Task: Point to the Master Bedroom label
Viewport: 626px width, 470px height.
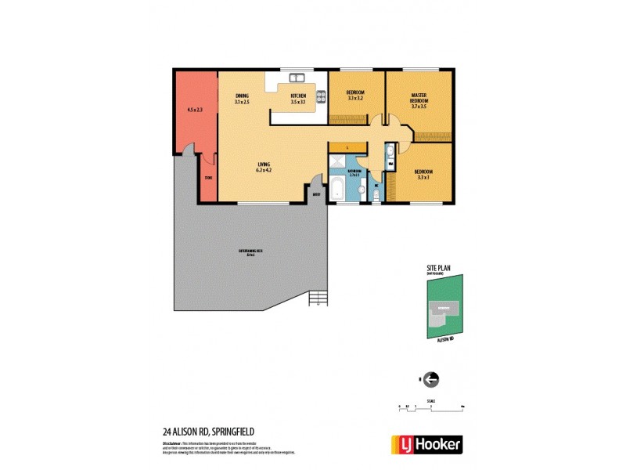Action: point(419,98)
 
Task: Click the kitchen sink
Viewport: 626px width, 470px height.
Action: point(297,78)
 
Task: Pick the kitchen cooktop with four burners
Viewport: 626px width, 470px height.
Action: point(320,96)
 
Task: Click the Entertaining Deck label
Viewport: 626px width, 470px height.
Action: point(249,252)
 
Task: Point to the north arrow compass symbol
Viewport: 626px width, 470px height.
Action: point(430,379)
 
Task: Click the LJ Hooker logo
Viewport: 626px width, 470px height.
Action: point(426,444)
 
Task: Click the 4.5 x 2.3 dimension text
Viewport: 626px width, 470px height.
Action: point(195,110)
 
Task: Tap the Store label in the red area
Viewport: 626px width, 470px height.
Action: point(208,178)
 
